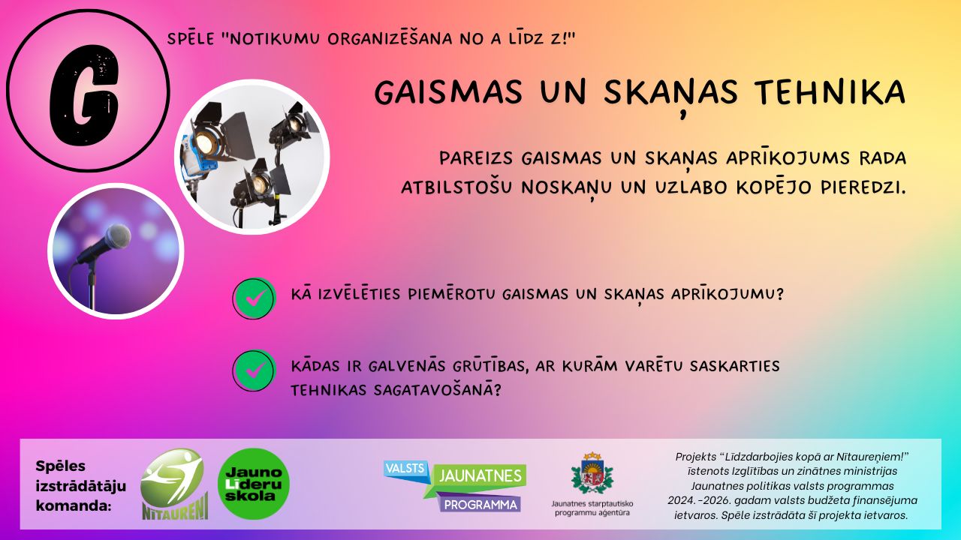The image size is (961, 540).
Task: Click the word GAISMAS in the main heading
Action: pos(448,91)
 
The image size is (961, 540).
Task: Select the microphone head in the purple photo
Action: pos(118,237)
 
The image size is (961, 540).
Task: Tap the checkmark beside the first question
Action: pos(254,298)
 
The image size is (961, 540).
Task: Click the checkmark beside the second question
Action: pos(254,370)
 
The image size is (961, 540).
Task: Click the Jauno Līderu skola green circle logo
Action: pos(254,484)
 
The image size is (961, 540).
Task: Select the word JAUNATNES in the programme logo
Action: pos(480,475)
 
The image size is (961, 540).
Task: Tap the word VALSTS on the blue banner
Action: pos(405,469)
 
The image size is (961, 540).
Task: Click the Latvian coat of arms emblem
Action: pos(592,472)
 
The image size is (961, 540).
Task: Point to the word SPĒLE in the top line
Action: pos(191,38)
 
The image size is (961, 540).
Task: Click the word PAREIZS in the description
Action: pos(476,158)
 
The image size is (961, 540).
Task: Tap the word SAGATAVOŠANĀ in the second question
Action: pos(437,389)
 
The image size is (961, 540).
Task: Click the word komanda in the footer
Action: pos(74,505)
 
